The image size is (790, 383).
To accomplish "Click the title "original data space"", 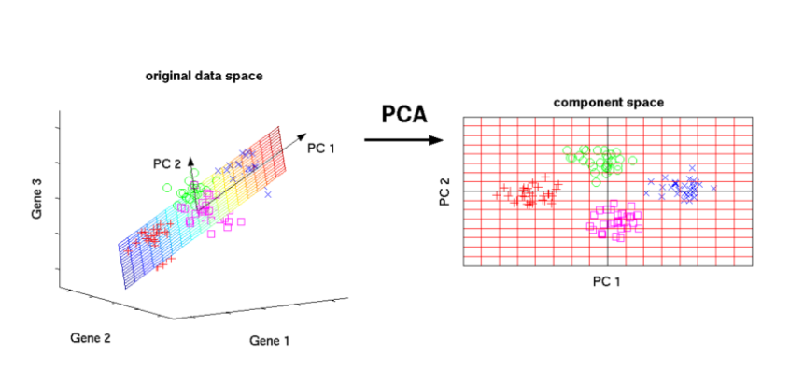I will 204,76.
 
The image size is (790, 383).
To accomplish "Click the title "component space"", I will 608,102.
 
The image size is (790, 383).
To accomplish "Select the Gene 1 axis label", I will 270,341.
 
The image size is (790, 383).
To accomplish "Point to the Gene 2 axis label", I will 91,337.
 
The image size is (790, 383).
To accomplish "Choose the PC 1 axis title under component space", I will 609,280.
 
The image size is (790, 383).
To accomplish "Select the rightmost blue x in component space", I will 713,190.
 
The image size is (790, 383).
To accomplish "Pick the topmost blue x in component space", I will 692,169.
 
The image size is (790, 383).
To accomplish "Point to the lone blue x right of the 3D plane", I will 267,194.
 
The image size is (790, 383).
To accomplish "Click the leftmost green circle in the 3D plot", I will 167,188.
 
